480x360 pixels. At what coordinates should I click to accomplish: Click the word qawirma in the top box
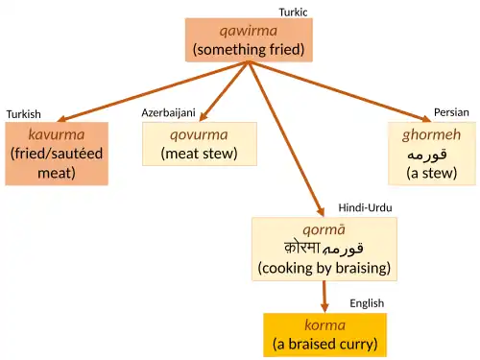[249, 32]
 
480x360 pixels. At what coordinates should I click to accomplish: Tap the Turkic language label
[293, 12]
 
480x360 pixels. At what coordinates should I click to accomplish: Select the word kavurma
[57, 134]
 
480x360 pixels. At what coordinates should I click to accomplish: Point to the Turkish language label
[24, 114]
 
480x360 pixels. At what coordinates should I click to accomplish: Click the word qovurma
[199, 135]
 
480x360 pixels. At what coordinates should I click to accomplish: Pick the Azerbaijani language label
[169, 112]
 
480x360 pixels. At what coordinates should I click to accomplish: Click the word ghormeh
[431, 135]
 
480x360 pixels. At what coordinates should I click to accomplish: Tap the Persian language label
[451, 112]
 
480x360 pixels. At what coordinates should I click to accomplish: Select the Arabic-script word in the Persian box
[427, 155]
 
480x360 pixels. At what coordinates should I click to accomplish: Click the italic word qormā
[324, 230]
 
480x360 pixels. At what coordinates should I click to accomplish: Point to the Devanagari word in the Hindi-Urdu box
[302, 248]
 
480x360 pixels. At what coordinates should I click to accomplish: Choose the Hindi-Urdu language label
[365, 208]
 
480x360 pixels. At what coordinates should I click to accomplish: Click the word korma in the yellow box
[324, 325]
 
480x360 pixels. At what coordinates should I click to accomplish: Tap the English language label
[367, 303]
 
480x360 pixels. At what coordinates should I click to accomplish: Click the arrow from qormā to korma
[324, 297]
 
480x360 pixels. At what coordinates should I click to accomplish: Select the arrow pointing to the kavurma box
[153, 92]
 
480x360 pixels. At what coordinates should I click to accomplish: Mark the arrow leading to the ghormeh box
[341, 92]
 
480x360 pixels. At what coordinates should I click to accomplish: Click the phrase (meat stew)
[199, 154]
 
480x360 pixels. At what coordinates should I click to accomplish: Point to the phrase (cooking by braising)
[324, 268]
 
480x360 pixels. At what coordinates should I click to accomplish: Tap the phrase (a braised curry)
[324, 345]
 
